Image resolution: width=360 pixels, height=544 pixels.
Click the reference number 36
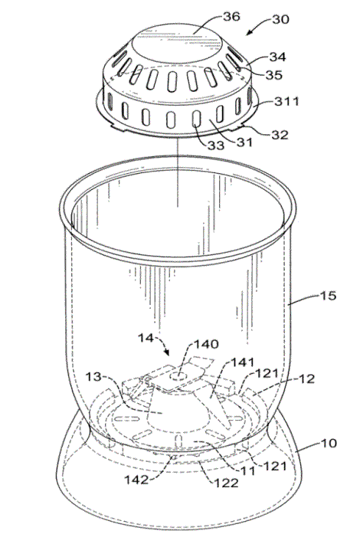231,16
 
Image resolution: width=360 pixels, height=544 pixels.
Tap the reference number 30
280,19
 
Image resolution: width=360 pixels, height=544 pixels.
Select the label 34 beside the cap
278,57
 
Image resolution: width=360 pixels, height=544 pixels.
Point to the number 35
274,74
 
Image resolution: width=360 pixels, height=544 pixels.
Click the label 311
286,101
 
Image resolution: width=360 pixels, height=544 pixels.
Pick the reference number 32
280,134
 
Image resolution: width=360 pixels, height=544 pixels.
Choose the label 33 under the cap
216,145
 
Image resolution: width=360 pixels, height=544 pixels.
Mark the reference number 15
328,296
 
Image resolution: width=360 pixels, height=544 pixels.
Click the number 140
206,344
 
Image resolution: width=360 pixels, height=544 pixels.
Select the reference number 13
93,376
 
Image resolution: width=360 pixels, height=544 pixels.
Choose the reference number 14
146,338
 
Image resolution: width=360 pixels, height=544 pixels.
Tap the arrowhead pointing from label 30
248,34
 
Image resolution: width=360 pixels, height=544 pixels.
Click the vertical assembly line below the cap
178,172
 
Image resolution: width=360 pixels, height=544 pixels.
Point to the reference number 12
306,379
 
